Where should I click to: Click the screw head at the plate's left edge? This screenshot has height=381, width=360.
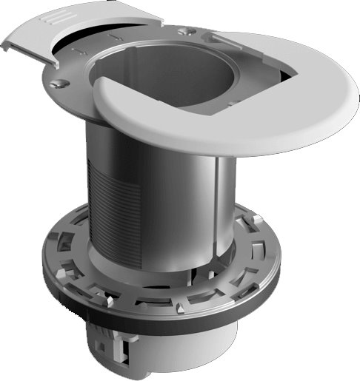click(56, 86)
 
